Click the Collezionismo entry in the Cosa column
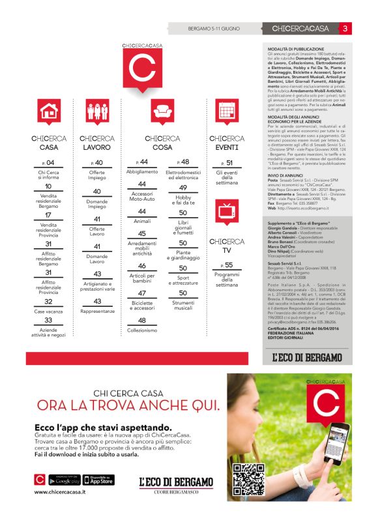point(142,330)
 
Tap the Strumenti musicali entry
point(183,304)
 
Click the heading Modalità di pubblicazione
point(296,49)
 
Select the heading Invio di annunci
point(285,175)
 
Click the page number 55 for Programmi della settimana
point(227,265)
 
